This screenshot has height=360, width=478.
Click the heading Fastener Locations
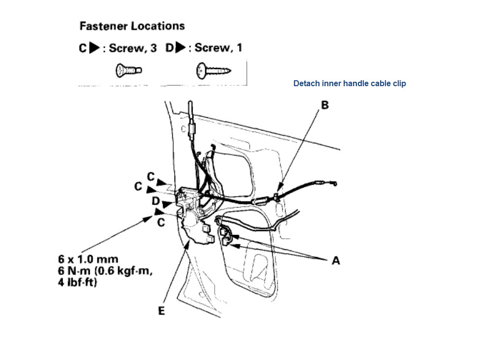132,26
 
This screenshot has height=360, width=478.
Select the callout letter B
325,105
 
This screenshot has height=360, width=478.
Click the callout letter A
336,261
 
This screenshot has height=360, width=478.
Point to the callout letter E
161,311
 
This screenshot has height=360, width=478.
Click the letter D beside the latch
156,201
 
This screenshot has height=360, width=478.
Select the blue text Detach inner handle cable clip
350,84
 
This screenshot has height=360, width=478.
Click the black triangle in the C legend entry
94,49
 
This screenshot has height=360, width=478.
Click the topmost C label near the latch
151,176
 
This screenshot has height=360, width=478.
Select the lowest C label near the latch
160,223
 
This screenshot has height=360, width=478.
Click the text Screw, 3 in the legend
132,48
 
